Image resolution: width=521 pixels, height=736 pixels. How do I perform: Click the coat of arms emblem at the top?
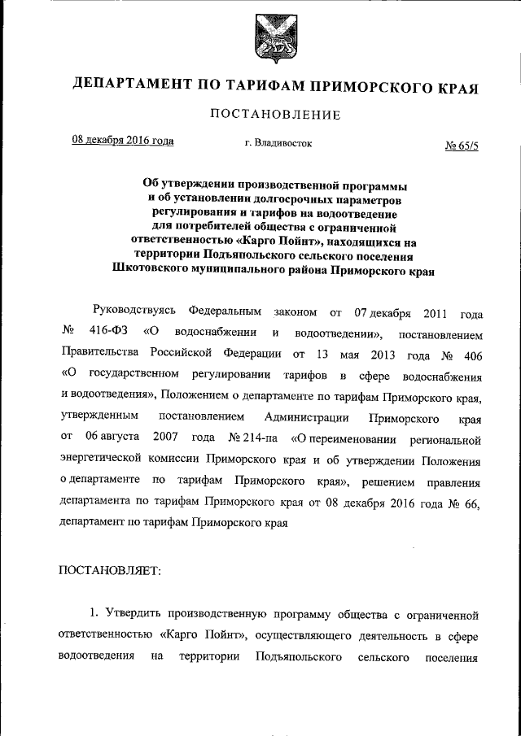(271, 41)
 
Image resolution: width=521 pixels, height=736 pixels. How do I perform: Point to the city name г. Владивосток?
(278, 143)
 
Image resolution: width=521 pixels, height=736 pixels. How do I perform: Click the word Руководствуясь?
(133, 312)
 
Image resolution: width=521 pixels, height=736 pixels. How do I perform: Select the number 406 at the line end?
(471, 355)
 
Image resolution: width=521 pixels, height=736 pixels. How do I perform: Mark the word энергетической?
(104, 460)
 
